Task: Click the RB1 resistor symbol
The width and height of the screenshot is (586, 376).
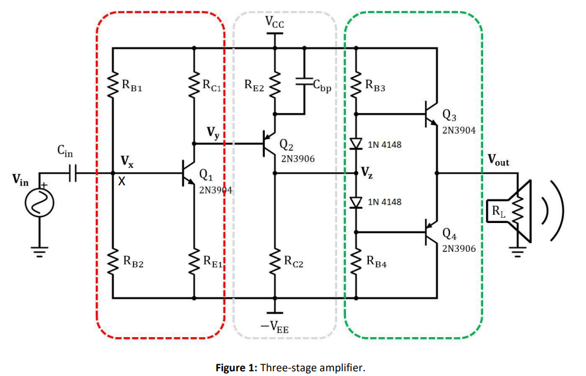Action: click(112, 86)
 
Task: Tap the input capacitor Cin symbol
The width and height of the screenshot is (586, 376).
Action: click(73, 174)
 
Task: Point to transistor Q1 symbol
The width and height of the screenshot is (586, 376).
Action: click(188, 174)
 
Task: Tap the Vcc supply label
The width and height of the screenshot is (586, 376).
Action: click(274, 22)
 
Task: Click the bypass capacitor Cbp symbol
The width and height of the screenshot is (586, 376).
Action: click(304, 83)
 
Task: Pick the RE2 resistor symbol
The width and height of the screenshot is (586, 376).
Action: click(274, 85)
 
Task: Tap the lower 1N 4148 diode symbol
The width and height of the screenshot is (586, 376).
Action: click(355, 202)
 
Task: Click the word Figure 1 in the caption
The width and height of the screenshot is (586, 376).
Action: click(236, 368)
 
